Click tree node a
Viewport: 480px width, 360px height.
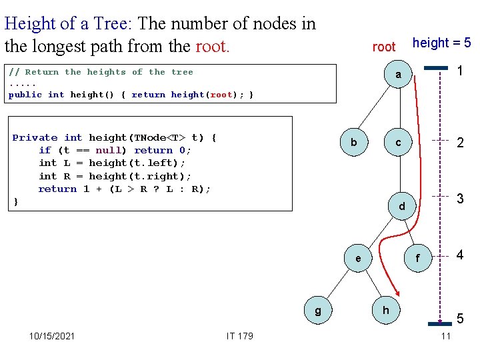pos(398,75)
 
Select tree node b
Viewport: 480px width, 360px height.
pos(354,143)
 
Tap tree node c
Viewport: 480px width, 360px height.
pos(398,143)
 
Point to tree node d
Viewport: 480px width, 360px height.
pos(401,207)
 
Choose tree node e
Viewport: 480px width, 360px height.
pos(359,258)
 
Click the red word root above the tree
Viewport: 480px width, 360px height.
pos(384,47)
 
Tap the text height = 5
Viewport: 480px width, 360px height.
pos(441,43)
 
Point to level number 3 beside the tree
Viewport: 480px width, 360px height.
pos(460,199)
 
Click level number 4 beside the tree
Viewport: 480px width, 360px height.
pos(460,255)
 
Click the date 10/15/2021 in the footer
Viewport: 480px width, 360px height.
pos(52,335)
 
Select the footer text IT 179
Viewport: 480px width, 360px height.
pos(240,335)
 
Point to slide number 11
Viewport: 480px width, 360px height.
pos(446,335)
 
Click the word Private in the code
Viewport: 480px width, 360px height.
pos(35,137)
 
